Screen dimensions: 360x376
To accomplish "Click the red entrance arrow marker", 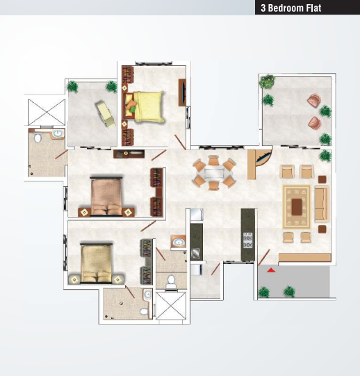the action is coord(271,270).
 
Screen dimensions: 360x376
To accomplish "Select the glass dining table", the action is coord(214,173).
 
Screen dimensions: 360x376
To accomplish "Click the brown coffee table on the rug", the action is coord(297,206).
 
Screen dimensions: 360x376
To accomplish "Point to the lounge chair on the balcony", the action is coord(106,114).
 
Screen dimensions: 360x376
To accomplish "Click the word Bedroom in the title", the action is coord(284,8).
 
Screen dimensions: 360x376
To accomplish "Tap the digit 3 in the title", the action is coord(263,8).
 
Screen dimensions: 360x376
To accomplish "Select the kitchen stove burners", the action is coord(247,240).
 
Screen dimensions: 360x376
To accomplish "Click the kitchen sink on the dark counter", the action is coord(195,253).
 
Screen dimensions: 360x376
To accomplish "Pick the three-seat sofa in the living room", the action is coord(321,204).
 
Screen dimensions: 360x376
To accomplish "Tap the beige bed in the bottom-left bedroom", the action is coord(97,263).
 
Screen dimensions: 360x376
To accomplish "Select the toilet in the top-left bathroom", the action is coord(38,138).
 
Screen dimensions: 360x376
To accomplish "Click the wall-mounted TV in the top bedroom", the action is coord(182,92).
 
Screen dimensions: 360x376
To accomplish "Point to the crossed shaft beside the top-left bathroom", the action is coord(47,112).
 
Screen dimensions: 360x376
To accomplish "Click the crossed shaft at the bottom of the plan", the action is coord(171,306).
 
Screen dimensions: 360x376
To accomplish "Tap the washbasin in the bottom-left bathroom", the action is coord(147,294).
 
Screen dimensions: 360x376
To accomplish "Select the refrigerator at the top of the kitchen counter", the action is coord(197,215).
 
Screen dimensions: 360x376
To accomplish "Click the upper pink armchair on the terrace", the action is coord(314,99).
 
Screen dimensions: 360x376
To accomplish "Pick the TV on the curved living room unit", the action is coord(263,156).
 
